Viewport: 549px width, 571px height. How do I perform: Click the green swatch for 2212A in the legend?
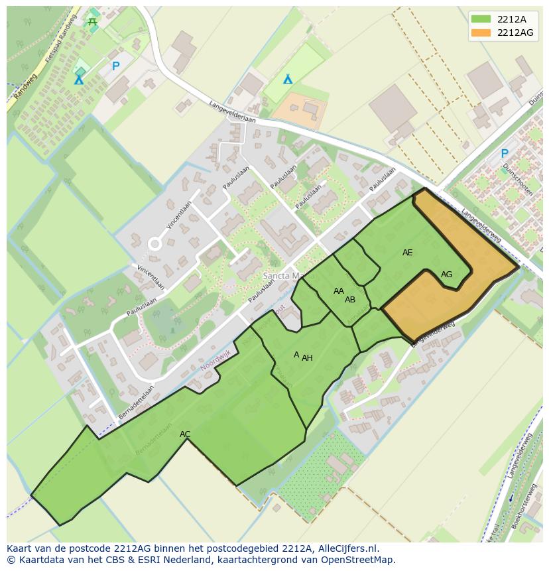pyautogui.click(x=481, y=19)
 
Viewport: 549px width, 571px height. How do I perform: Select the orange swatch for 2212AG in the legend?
pyautogui.click(x=481, y=32)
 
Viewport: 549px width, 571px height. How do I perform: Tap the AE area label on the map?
pyautogui.click(x=407, y=253)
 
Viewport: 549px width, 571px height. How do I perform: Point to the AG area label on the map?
pyautogui.click(x=446, y=275)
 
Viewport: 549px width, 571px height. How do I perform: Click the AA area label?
pyautogui.click(x=339, y=291)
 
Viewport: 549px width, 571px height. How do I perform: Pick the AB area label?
pyautogui.click(x=350, y=300)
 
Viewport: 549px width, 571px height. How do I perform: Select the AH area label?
pyautogui.click(x=307, y=358)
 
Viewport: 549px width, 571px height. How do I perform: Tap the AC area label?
pyautogui.click(x=185, y=434)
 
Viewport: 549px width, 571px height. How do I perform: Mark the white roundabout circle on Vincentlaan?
pyautogui.click(x=154, y=244)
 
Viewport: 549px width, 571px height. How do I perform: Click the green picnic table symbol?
pyautogui.click(x=92, y=22)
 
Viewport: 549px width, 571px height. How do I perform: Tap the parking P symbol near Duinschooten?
pyautogui.click(x=505, y=153)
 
